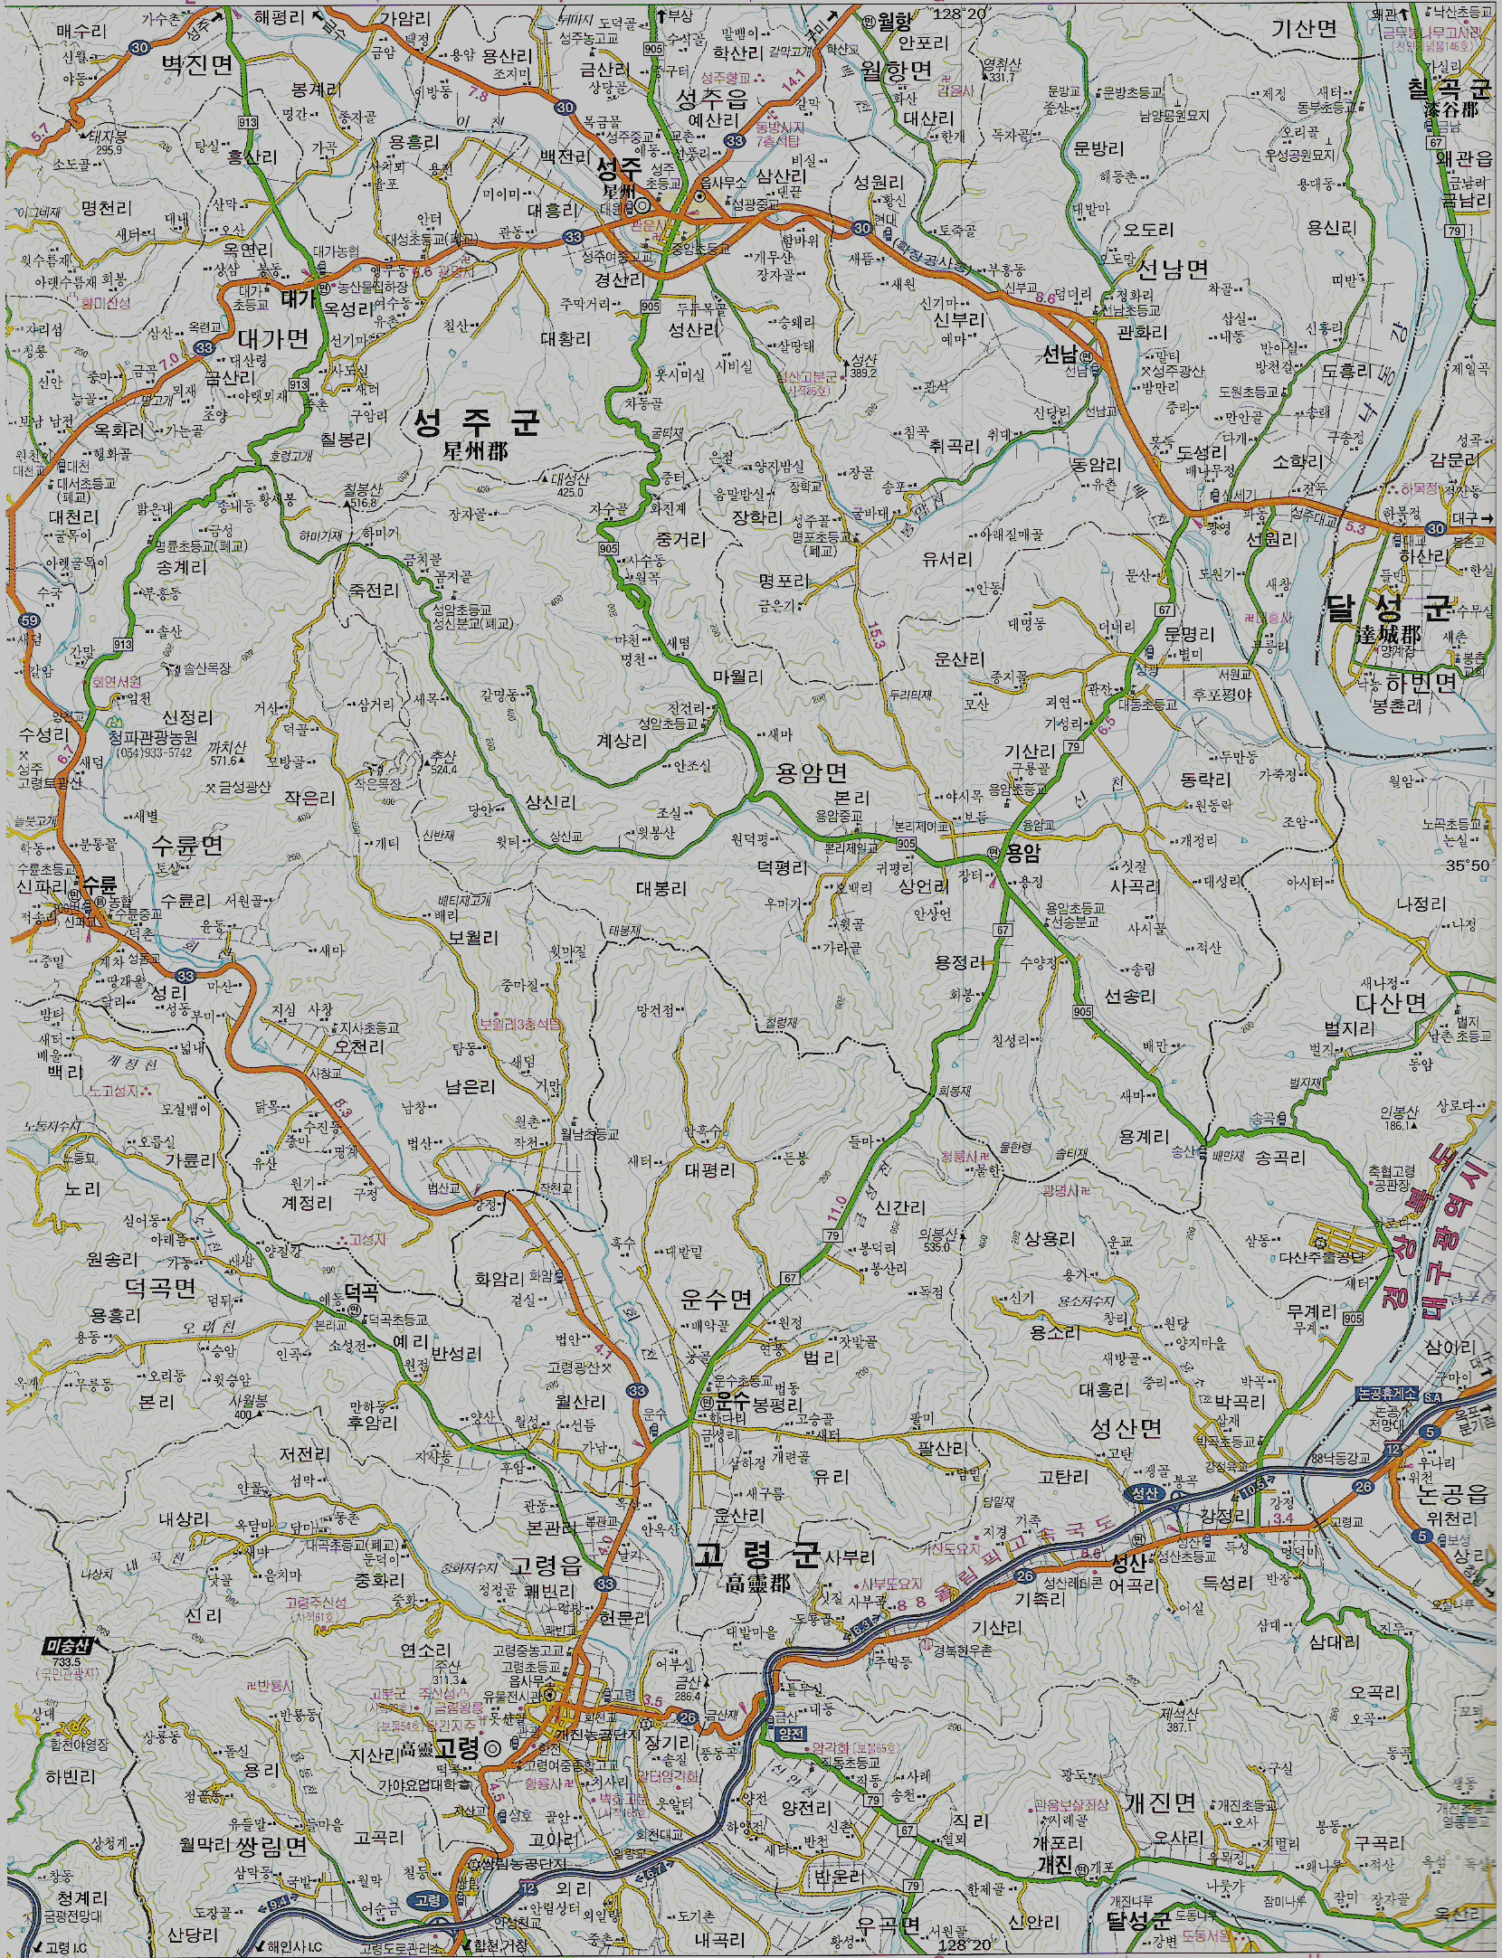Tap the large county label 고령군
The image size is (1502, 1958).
click(756, 1556)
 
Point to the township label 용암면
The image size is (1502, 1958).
click(812, 771)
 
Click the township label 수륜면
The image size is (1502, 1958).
click(186, 845)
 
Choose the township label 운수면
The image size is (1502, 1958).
click(716, 1300)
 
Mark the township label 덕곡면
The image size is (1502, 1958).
click(160, 1286)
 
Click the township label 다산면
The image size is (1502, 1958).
click(1390, 1002)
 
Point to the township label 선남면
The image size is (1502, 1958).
click(1173, 269)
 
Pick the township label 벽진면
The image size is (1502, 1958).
click(196, 64)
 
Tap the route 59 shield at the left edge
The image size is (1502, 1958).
click(29, 620)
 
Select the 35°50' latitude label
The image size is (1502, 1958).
click(1466, 865)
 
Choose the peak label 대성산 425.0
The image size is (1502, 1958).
click(570, 485)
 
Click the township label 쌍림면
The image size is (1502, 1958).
click(272, 1846)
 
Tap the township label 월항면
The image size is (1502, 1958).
click(896, 71)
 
